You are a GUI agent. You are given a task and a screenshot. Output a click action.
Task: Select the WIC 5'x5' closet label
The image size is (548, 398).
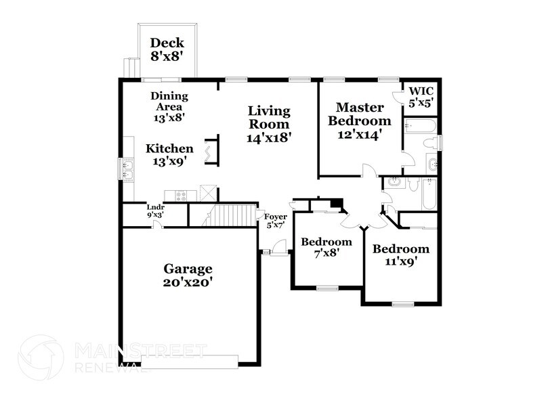[x=421, y=97]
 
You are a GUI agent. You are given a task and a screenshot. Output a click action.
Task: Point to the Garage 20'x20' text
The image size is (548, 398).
[x=188, y=275]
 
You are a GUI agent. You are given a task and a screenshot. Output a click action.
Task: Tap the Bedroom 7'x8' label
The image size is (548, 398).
[x=326, y=247]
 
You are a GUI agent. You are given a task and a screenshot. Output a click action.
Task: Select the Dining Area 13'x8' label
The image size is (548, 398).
[x=169, y=106]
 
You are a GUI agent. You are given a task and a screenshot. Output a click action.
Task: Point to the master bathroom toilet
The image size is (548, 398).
[x=427, y=143]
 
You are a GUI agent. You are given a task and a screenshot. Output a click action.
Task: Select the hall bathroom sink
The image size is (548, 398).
[x=394, y=182]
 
